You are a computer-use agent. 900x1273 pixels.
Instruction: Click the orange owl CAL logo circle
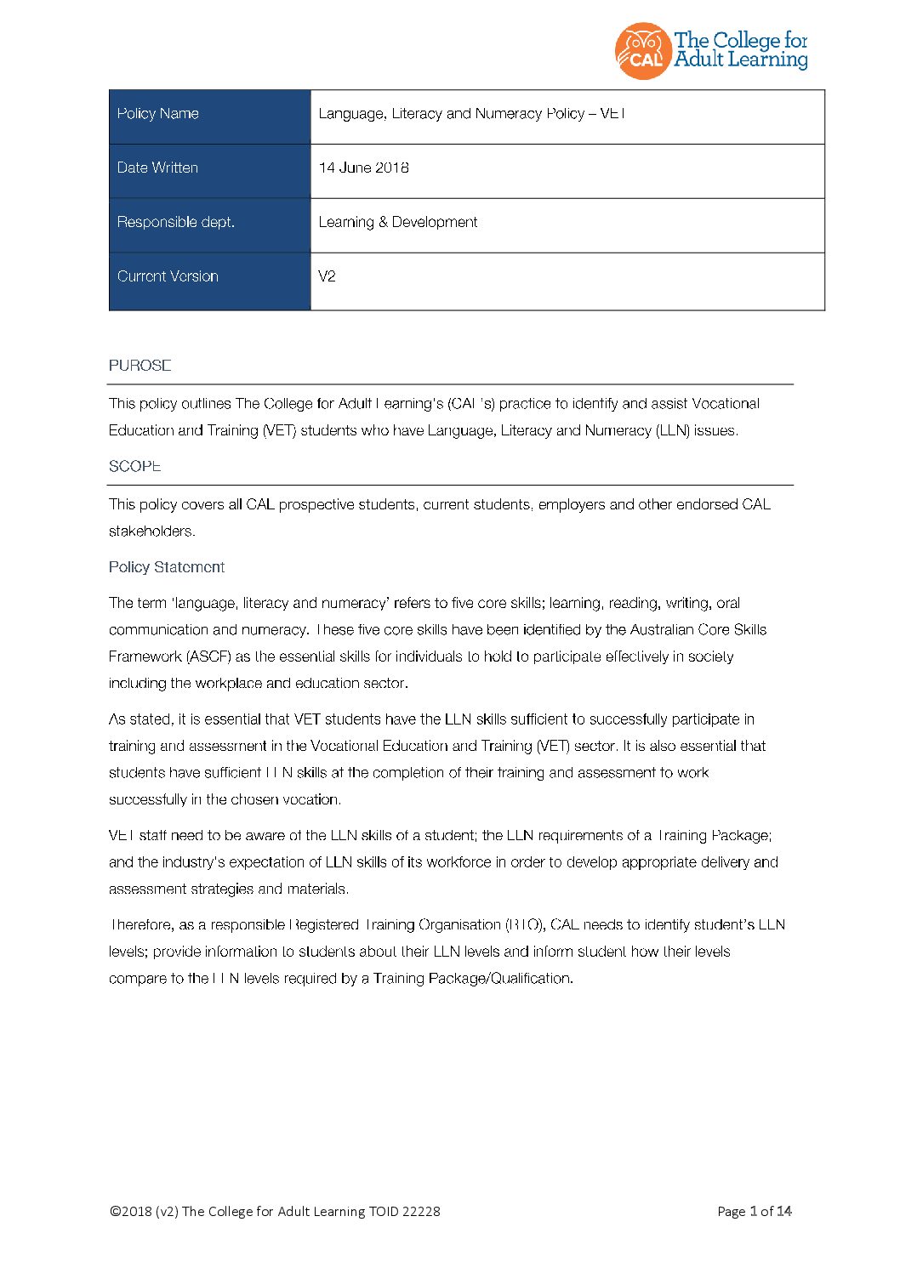pyautogui.click(x=642, y=51)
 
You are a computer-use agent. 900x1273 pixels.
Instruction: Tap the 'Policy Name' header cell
pyautogui.click(x=158, y=114)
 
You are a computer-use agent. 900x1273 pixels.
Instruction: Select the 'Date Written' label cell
pyautogui.click(x=157, y=168)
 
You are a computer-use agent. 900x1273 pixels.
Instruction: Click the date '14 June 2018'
pyautogui.click(x=363, y=168)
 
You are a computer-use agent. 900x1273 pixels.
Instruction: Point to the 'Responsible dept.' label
pyautogui.click(x=175, y=223)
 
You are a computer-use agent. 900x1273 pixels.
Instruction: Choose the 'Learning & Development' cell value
pyautogui.click(x=397, y=223)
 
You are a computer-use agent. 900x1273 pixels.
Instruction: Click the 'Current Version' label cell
pyautogui.click(x=168, y=276)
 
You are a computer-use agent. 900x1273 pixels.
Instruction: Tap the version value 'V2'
pyautogui.click(x=327, y=276)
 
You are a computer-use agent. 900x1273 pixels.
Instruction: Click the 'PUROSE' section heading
pyautogui.click(x=140, y=366)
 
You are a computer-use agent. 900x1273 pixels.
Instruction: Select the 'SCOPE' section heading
pyautogui.click(x=134, y=467)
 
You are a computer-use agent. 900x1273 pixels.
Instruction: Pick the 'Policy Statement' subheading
pyautogui.click(x=167, y=567)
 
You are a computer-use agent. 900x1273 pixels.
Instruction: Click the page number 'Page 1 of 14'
pyautogui.click(x=755, y=1212)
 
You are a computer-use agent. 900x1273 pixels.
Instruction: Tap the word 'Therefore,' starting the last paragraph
pyautogui.click(x=142, y=925)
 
